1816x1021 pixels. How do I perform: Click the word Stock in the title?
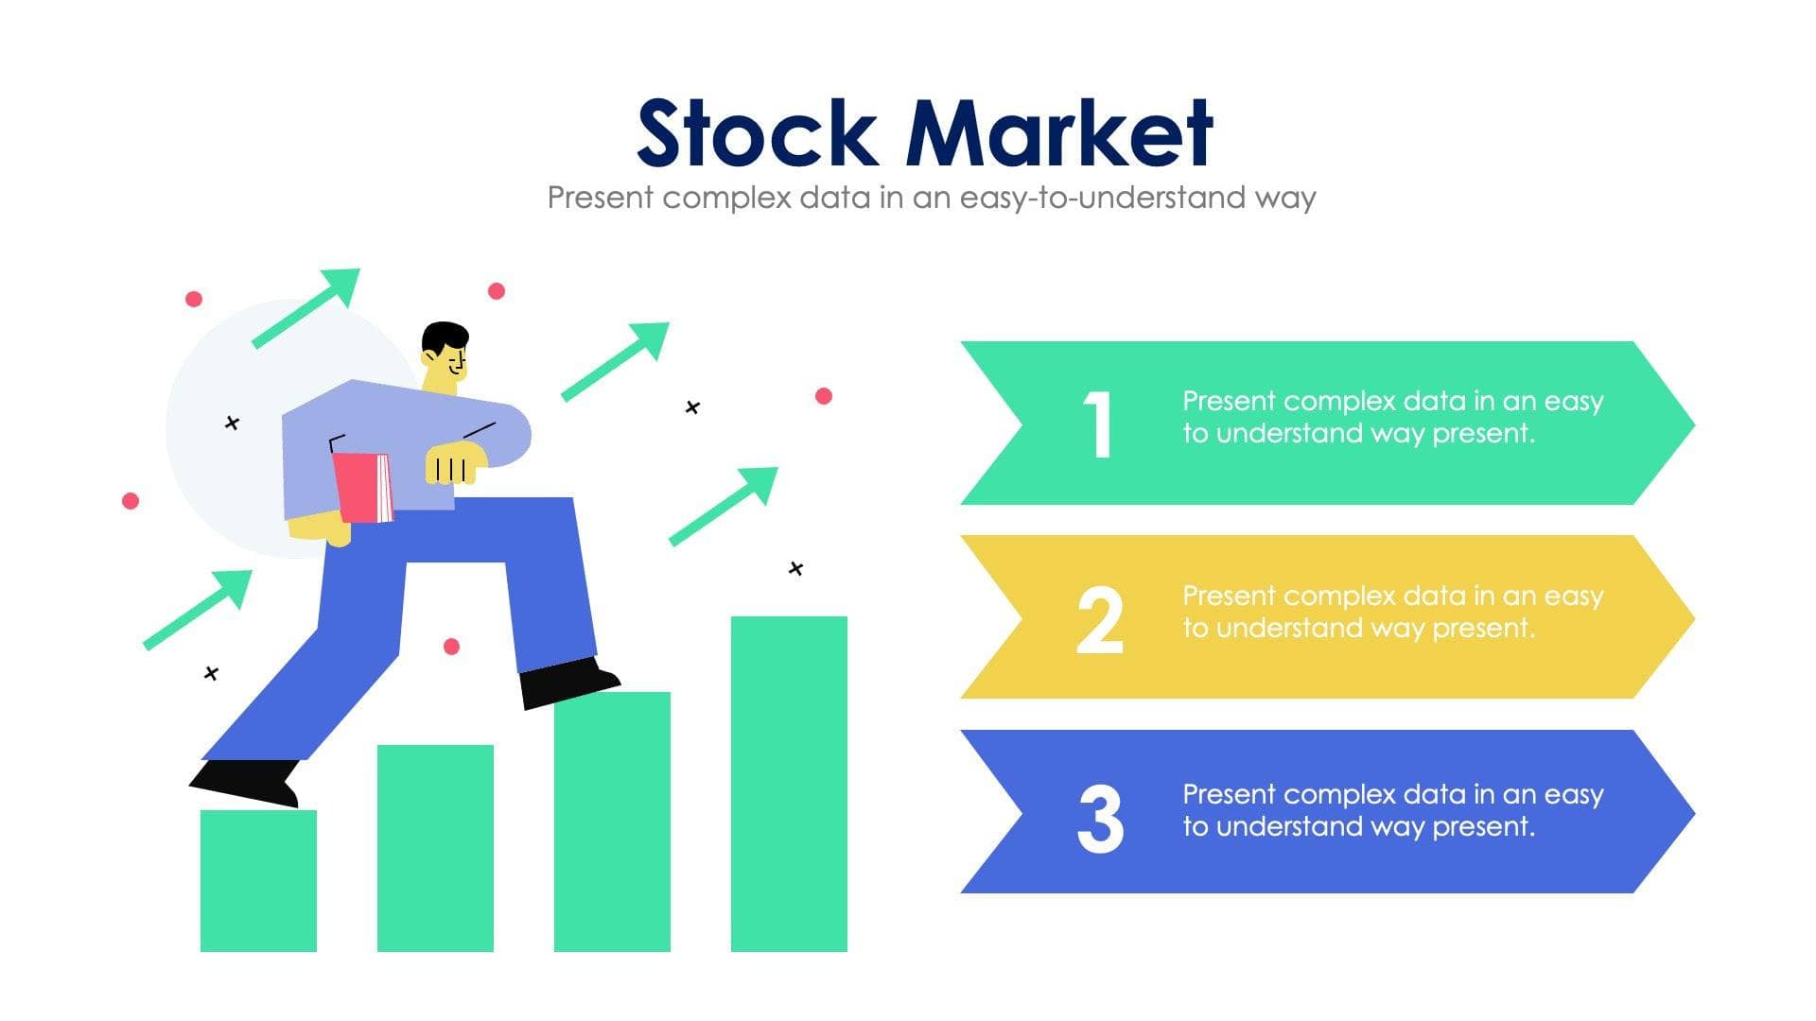tap(757, 133)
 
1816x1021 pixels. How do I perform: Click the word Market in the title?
tap(1058, 133)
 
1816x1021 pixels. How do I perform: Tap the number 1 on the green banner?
tap(1098, 424)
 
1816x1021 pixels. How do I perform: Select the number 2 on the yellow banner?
tap(1100, 620)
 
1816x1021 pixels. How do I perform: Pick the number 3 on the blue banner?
tap(1100, 819)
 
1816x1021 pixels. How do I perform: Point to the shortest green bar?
tap(258, 880)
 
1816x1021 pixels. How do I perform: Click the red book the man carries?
tap(362, 487)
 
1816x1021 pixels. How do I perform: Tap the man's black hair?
tap(444, 337)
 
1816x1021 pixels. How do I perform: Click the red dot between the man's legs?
tap(451, 647)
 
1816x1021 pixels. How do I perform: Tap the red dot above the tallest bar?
tap(824, 396)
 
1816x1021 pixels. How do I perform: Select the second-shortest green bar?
tap(435, 847)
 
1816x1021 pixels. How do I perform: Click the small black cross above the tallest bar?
tap(795, 568)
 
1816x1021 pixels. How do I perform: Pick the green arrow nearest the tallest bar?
tap(725, 505)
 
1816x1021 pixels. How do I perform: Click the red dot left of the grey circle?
tap(131, 500)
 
